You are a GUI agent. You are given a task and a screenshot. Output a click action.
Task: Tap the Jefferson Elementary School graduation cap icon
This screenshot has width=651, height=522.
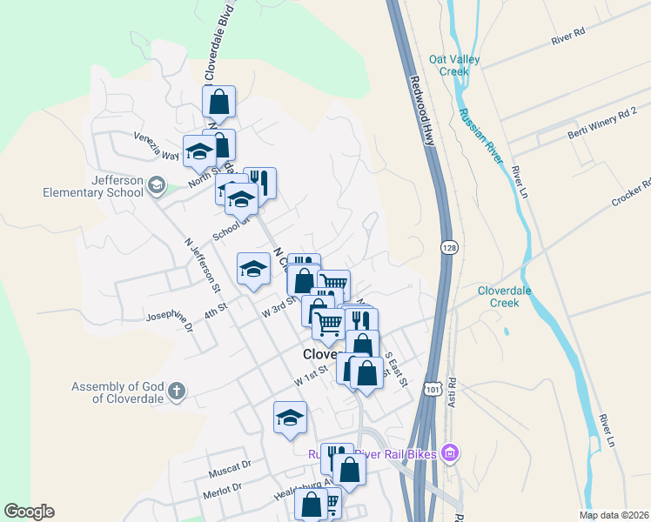(x=157, y=184)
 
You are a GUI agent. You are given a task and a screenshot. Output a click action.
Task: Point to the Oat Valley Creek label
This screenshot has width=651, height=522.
(x=454, y=65)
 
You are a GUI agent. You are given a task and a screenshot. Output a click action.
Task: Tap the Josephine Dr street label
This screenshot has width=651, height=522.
(x=170, y=320)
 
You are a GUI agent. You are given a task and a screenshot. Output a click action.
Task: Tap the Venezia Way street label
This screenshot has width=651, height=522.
(x=156, y=146)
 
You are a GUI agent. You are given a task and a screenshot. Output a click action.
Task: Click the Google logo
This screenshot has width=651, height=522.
(x=29, y=512)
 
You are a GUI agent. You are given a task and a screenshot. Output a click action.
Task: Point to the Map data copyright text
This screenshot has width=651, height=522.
(x=613, y=515)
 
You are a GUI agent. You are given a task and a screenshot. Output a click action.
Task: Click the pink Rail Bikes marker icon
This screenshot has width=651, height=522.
(x=449, y=452)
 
